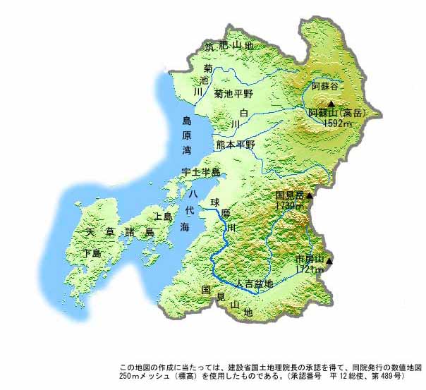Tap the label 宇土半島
click(201, 172)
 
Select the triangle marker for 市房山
click(328, 260)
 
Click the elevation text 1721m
click(309, 269)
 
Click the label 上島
click(162, 217)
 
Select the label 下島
click(92, 252)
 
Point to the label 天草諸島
click(120, 232)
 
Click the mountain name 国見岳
click(288, 196)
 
